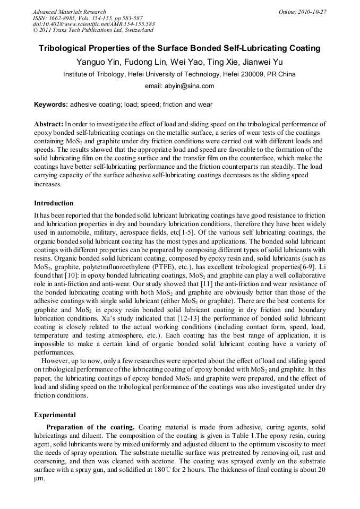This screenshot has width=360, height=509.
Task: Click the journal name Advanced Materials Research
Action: [69, 12]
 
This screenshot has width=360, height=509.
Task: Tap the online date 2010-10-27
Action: [312, 12]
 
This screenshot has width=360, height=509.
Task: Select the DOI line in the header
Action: [94, 24]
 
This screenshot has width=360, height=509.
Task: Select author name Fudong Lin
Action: [142, 62]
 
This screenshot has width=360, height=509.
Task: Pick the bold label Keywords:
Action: [51, 105]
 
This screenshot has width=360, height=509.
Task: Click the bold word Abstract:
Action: [49, 124]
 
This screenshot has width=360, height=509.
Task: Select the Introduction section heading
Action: [54, 203]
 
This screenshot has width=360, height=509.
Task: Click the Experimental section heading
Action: [55, 415]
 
